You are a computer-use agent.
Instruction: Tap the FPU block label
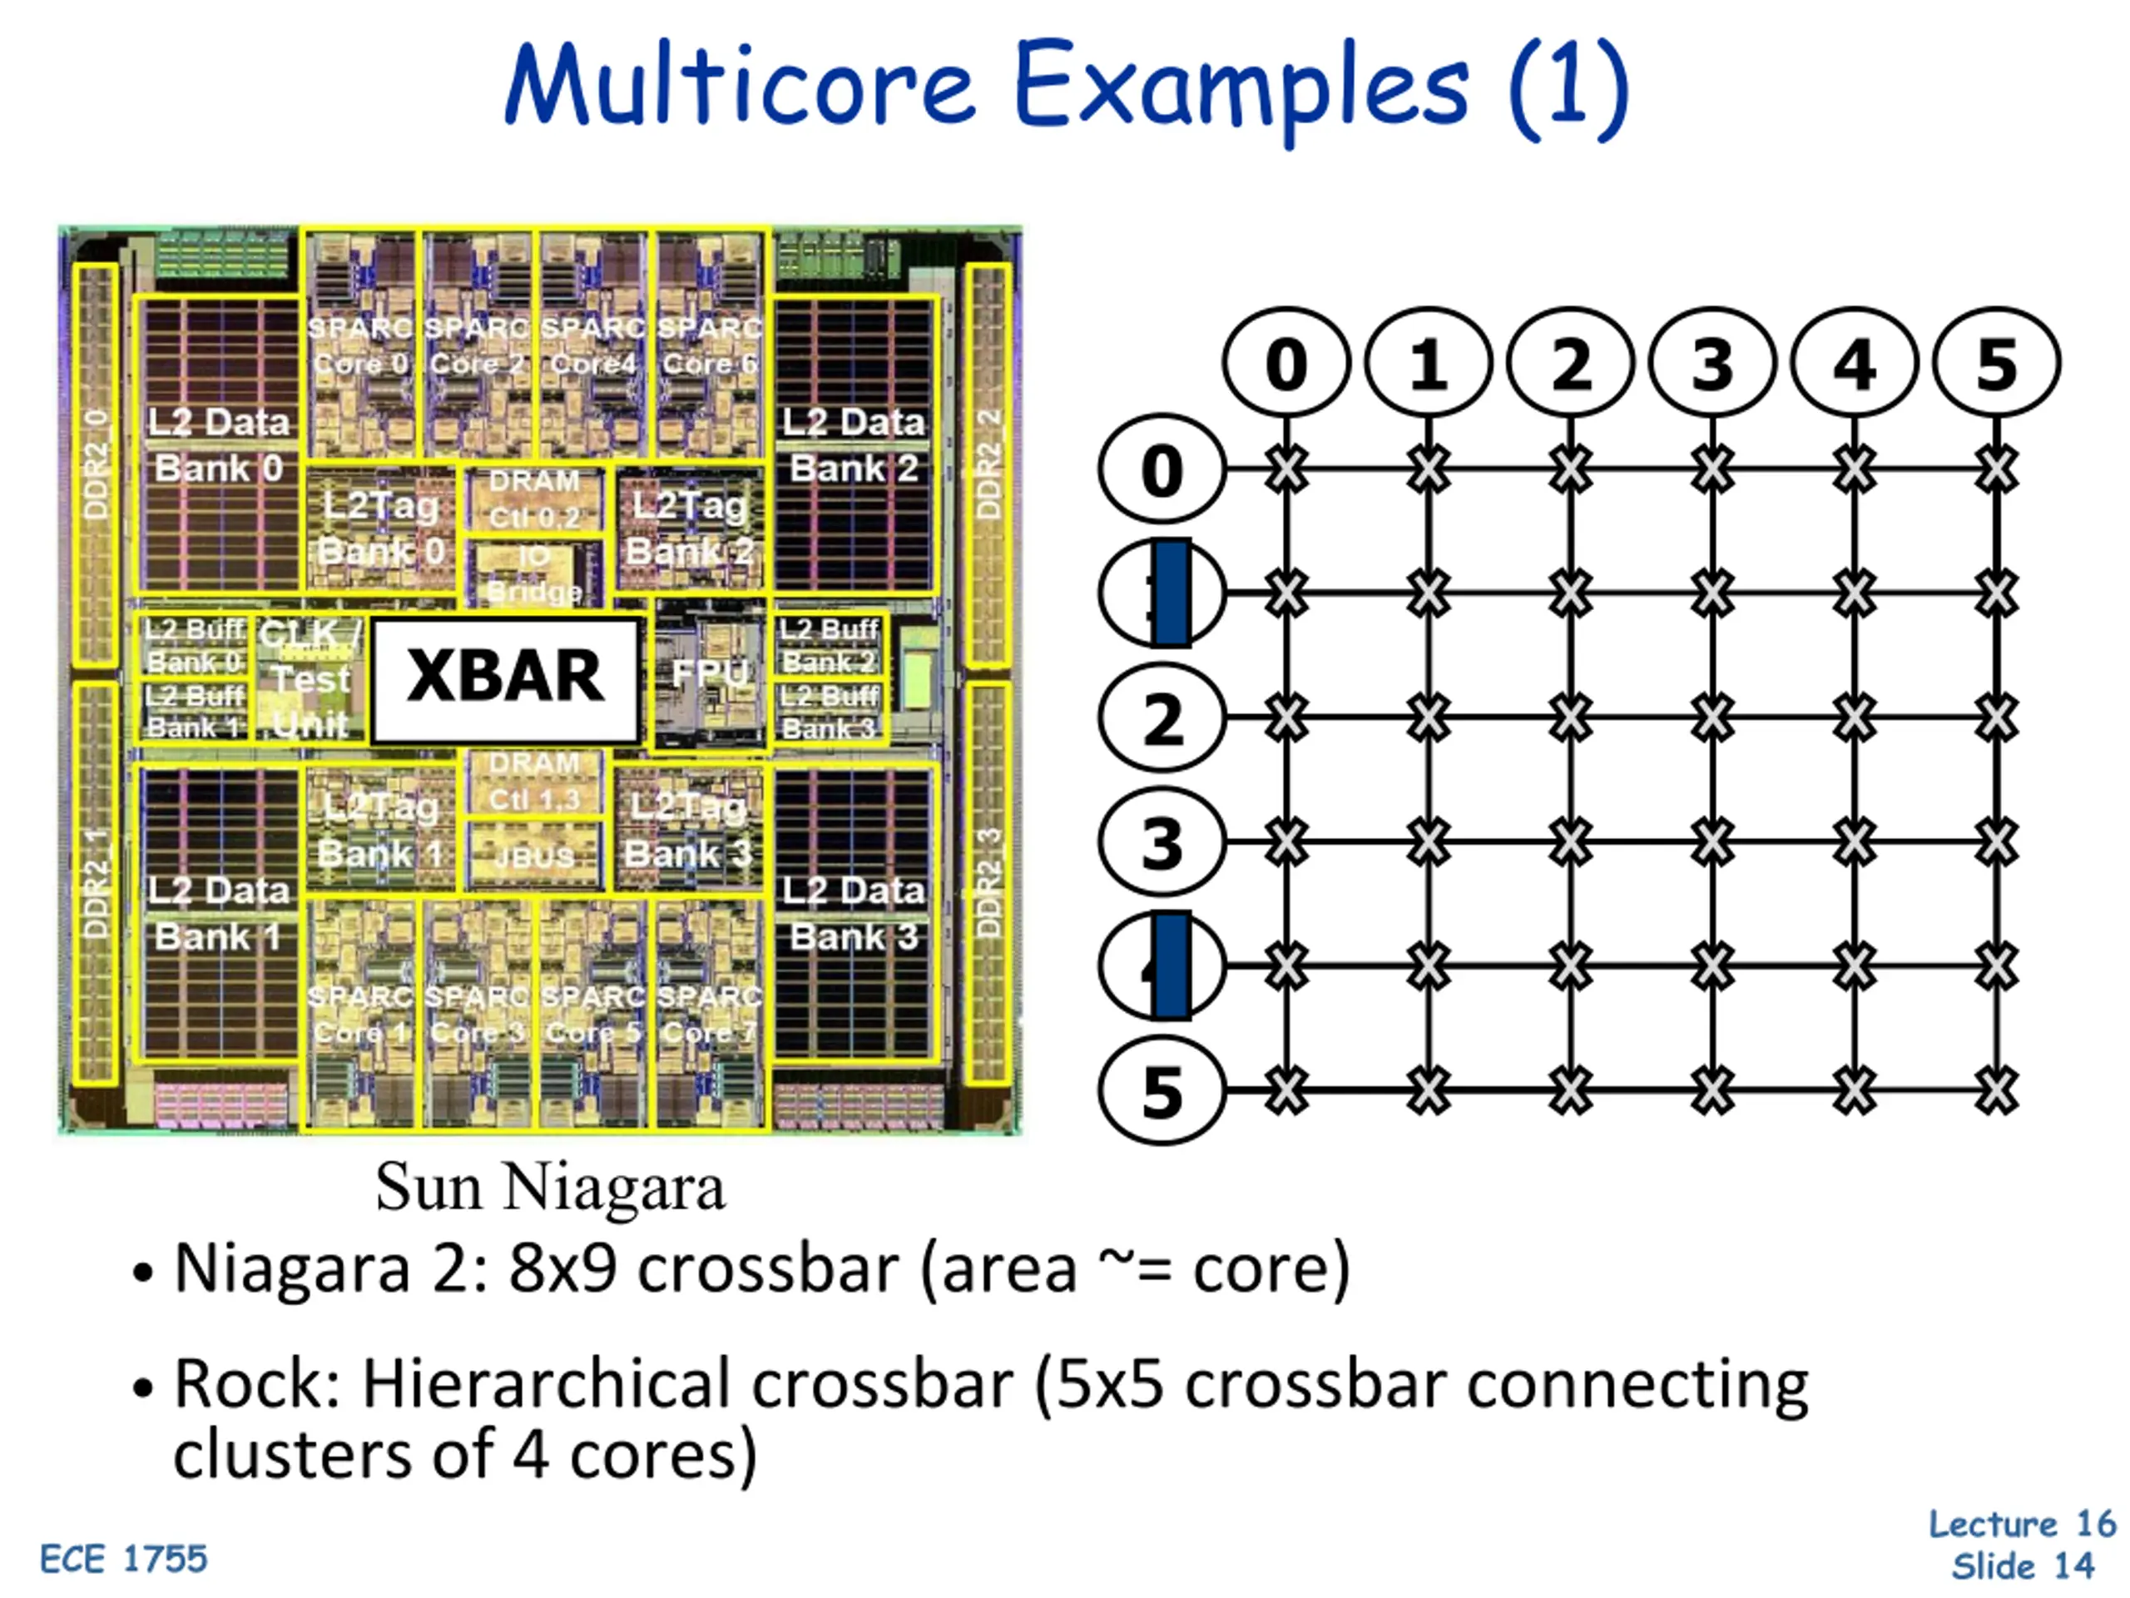[x=710, y=673]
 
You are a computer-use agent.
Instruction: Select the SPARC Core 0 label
[x=360, y=345]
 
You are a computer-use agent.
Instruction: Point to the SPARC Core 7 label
[x=710, y=1014]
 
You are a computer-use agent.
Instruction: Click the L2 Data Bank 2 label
[x=853, y=445]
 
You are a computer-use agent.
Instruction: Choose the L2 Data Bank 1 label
[x=218, y=913]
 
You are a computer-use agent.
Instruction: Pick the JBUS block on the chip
[x=534, y=856]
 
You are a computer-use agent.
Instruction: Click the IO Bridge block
[x=534, y=572]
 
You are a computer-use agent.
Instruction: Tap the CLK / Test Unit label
[x=310, y=678]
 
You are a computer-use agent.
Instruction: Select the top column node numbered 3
[x=1712, y=364]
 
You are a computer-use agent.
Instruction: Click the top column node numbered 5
[x=1996, y=364]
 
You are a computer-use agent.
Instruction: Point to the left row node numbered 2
[x=1162, y=718]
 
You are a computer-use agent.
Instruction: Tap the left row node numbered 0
[x=1162, y=470]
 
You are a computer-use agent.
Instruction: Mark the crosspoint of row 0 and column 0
[x=1286, y=470]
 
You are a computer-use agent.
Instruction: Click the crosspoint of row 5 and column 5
[x=1996, y=1090]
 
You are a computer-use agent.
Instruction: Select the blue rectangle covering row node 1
[x=1171, y=593]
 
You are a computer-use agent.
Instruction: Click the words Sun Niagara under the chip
[x=550, y=1187]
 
